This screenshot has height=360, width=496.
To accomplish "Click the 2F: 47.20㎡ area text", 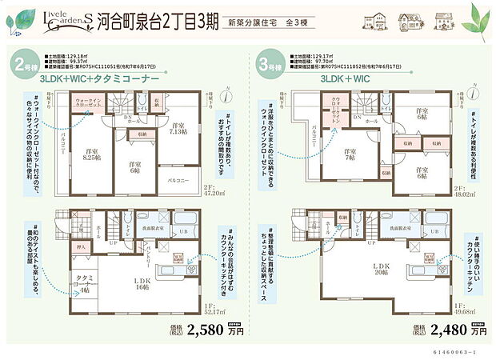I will pos(214,190).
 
